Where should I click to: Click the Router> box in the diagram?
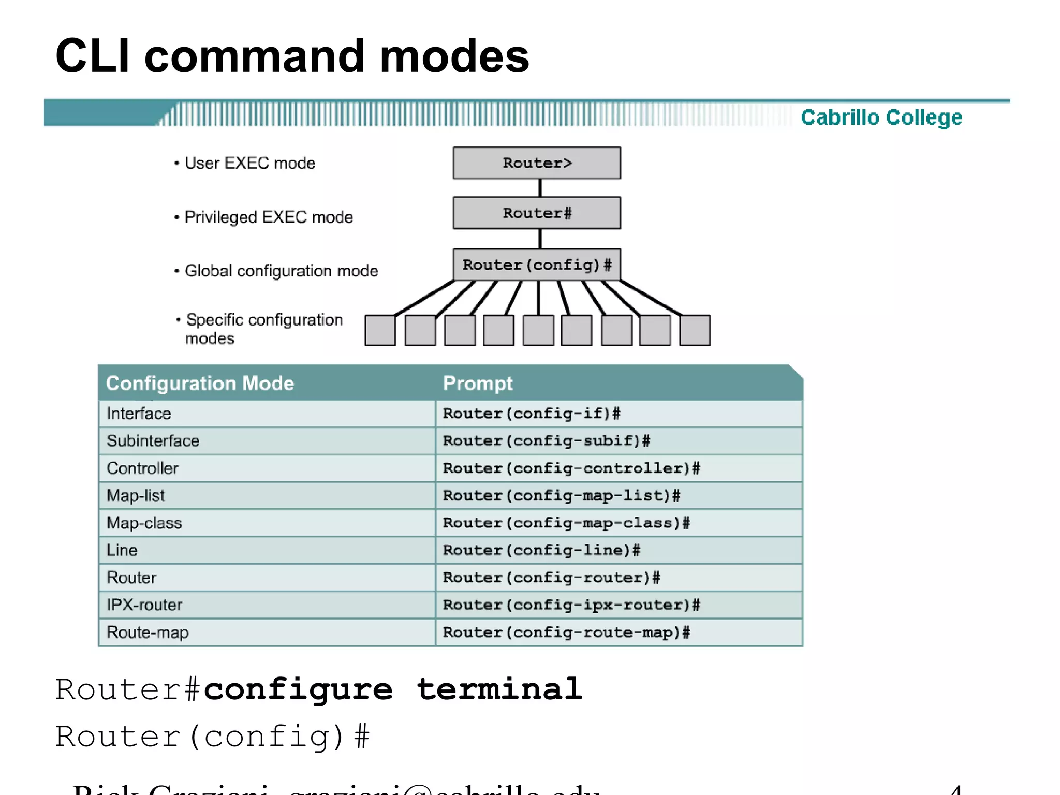click(537, 163)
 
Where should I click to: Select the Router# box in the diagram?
click(537, 213)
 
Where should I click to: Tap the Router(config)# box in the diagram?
click(537, 265)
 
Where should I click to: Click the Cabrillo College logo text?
click(881, 117)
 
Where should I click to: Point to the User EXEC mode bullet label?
click(249, 164)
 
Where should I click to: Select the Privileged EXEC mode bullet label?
click(268, 217)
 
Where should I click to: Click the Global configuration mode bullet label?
click(281, 271)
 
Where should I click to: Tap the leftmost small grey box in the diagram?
click(380, 330)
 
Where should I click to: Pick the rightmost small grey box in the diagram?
click(695, 330)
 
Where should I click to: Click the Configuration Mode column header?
click(200, 384)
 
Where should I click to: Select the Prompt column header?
click(478, 384)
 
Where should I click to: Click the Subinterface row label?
click(153, 441)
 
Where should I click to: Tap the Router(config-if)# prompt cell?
click(532, 414)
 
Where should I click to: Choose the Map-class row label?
click(144, 523)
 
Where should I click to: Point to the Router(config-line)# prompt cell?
click(541, 550)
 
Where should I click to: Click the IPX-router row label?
click(144, 605)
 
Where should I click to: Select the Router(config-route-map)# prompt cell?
click(566, 632)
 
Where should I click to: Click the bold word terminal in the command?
click(499, 689)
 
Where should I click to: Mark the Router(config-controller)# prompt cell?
click(571, 468)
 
